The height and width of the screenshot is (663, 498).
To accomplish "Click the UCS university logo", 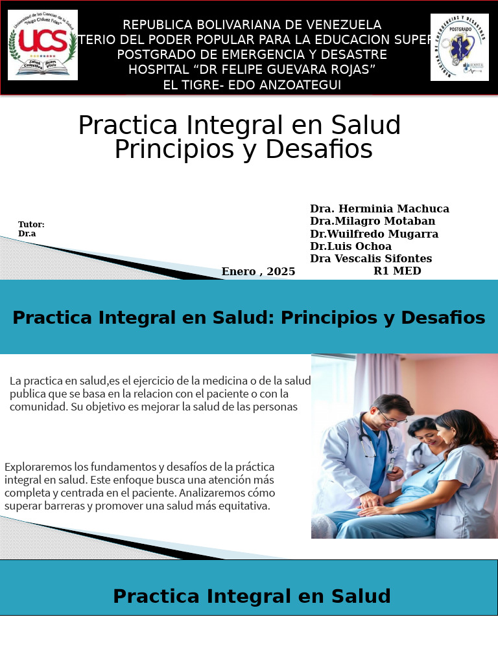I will coord(43,45).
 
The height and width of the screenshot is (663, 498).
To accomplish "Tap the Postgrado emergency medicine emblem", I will coord(459,47).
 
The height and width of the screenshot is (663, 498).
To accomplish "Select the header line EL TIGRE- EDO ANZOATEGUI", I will coord(252,85).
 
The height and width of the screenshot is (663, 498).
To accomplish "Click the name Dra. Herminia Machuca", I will coord(379,208).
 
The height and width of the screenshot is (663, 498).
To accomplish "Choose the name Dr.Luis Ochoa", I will coord(350,246).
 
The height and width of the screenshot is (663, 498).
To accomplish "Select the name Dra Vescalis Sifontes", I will coord(371,258).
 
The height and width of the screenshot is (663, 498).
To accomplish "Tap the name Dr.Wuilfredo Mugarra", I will coord(374,234).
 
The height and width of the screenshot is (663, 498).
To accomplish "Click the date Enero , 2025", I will coord(258,271).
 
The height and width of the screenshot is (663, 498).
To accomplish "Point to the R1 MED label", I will coord(397,271).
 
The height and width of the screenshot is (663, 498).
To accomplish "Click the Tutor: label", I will coord(31,224).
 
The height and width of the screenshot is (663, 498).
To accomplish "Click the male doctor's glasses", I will coord(392,418).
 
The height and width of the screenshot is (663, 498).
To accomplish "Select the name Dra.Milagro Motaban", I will coord(372,221).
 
